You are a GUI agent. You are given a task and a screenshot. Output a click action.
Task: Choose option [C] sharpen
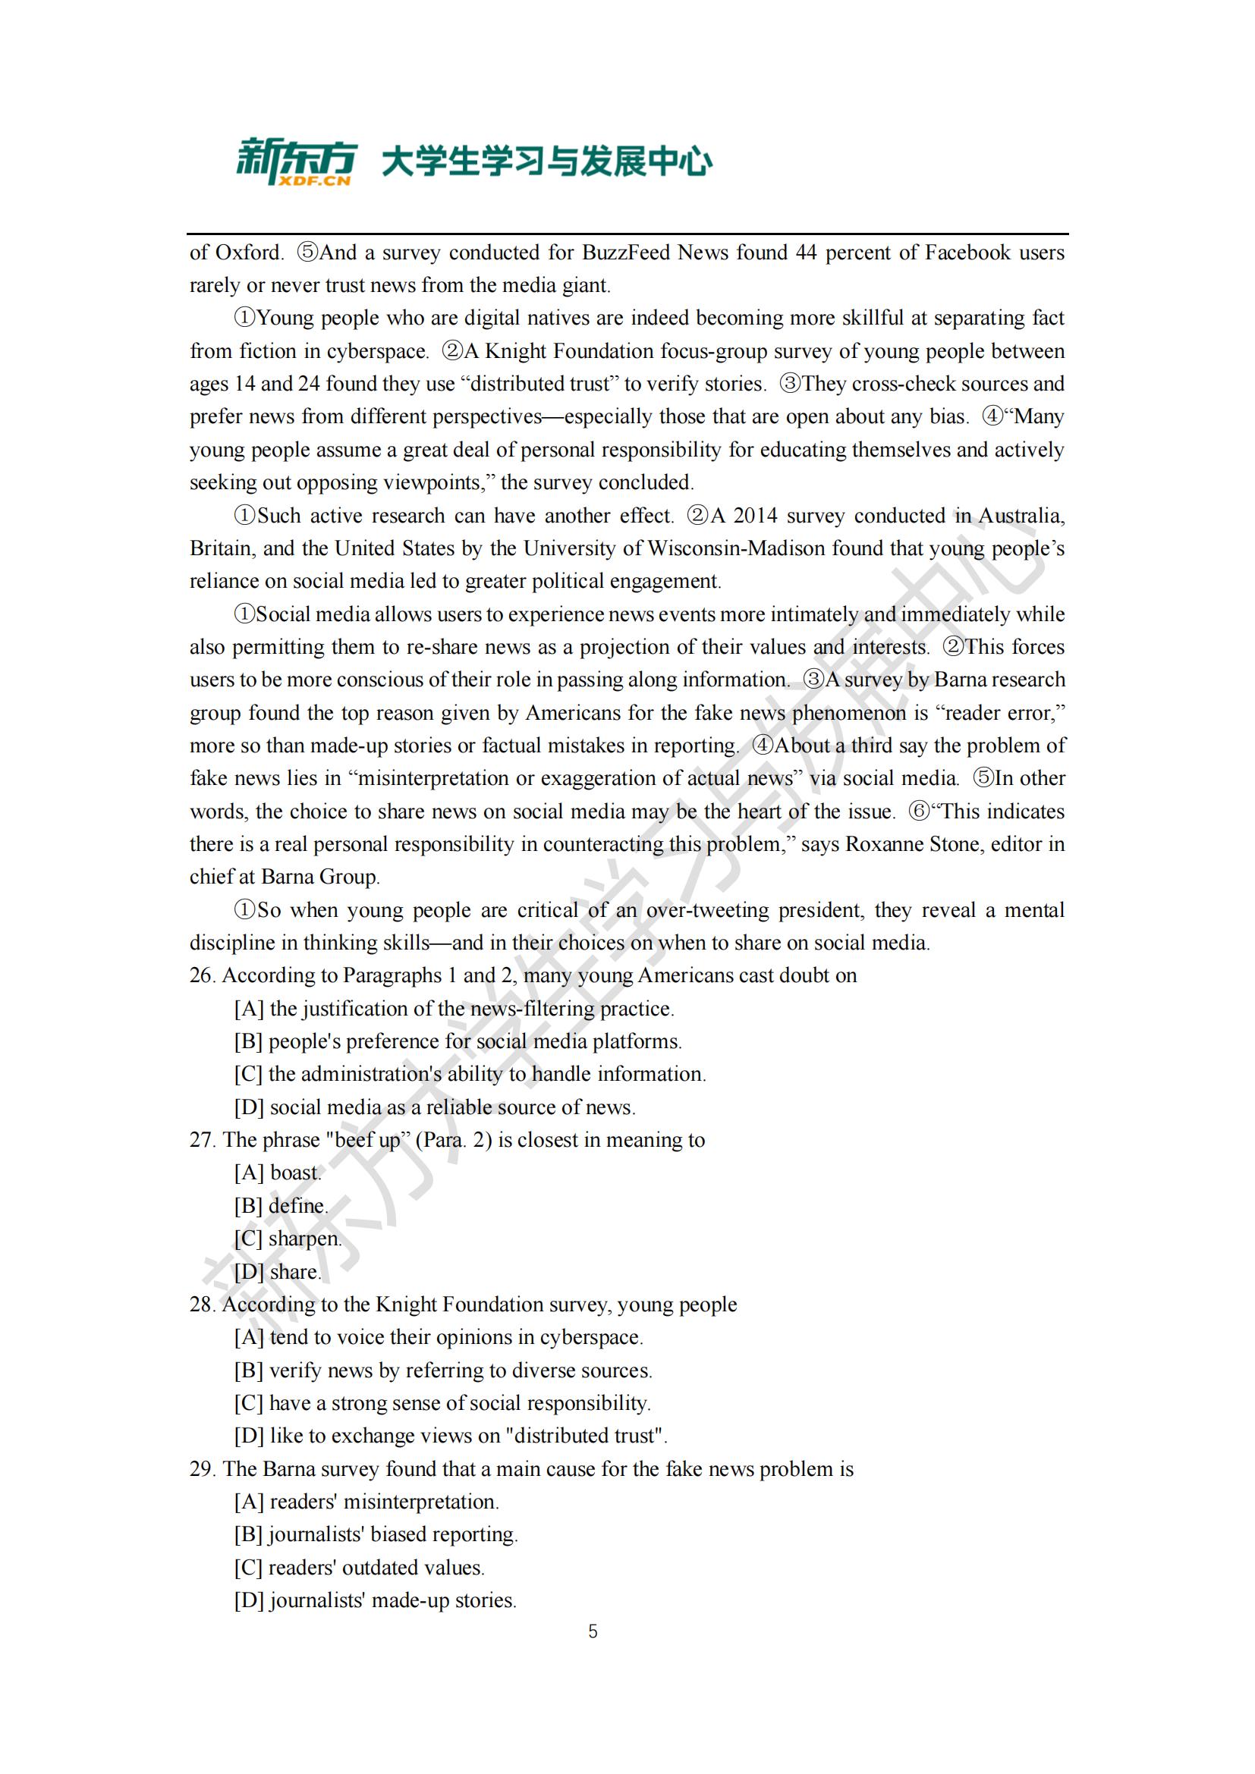click(x=288, y=1239)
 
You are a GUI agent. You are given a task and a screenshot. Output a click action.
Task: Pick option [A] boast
click(x=278, y=1173)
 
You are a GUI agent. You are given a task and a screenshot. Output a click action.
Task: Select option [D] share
click(x=278, y=1272)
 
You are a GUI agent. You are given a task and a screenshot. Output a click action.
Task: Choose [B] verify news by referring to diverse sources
click(x=443, y=1371)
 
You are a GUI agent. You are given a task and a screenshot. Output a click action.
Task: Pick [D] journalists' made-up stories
click(x=375, y=1600)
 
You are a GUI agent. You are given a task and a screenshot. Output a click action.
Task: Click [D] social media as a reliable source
click(x=434, y=1107)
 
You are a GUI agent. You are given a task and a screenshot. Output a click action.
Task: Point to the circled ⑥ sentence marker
click(x=919, y=812)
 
